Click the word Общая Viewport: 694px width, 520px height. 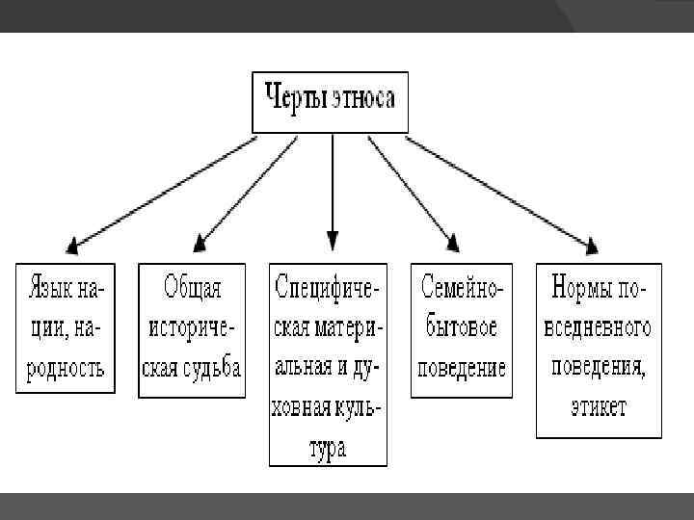point(191,288)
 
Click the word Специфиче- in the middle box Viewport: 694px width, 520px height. point(328,288)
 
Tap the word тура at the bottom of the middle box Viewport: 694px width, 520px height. point(328,448)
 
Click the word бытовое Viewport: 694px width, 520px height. point(462,327)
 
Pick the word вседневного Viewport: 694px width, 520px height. point(600,327)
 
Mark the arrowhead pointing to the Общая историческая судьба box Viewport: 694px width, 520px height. point(201,241)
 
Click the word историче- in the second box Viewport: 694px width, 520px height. point(191,327)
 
